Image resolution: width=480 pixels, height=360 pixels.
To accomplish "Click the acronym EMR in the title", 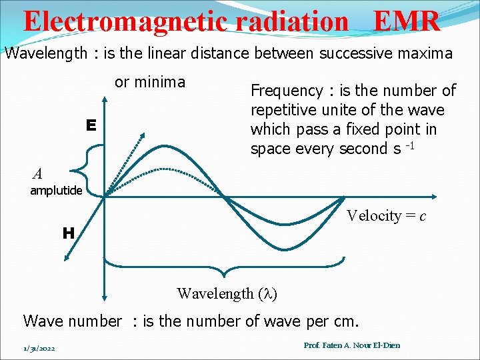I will (x=407, y=21).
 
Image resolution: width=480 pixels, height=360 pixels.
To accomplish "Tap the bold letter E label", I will (x=91, y=125).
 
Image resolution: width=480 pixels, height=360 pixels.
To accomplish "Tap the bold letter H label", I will (x=68, y=233).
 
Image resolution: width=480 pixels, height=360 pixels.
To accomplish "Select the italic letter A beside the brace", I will (x=37, y=174).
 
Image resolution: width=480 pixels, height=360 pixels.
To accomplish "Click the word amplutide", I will (x=56, y=191).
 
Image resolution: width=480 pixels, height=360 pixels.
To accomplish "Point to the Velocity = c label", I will (x=387, y=215).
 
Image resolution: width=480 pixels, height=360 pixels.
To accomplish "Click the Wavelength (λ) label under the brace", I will (x=227, y=293).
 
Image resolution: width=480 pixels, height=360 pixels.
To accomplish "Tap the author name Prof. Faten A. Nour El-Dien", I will (x=351, y=345).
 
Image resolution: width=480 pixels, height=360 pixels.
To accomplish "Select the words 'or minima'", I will (x=150, y=82).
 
